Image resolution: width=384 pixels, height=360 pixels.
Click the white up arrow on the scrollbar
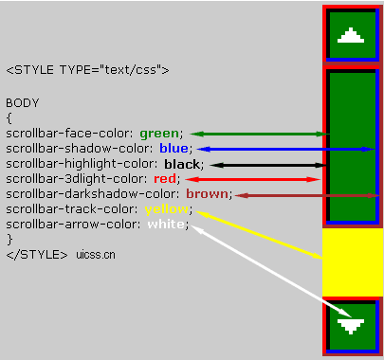(352, 36)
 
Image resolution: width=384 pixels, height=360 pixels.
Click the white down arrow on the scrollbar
(352, 325)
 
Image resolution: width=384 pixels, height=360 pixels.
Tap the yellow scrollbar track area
(352, 261)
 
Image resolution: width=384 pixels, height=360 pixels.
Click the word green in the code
(159, 134)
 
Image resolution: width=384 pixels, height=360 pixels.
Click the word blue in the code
(174, 149)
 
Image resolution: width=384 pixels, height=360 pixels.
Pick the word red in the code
(165, 178)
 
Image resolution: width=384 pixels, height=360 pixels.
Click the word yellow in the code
(165, 208)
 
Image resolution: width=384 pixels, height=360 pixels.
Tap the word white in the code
(165, 224)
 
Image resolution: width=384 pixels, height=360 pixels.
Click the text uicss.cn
(97, 255)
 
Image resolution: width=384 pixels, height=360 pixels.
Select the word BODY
(22, 102)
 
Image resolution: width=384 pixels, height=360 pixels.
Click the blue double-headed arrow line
(284, 149)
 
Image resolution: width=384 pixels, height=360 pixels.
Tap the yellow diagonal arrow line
(256, 234)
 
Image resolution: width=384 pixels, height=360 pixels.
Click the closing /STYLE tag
(36, 255)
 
